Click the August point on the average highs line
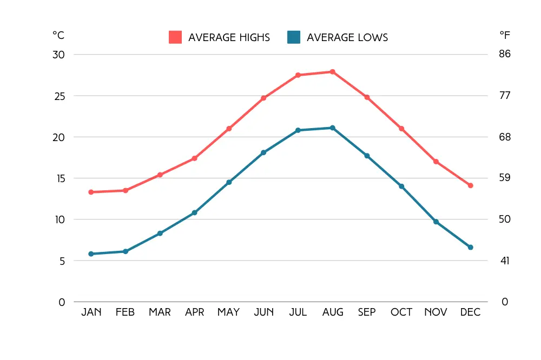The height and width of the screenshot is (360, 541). coord(332,72)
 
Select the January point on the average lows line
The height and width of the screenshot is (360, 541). coord(91,254)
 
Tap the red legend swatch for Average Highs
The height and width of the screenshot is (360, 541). coord(175,37)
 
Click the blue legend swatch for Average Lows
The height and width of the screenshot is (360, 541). coord(294,37)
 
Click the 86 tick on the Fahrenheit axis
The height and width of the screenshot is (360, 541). coord(505,55)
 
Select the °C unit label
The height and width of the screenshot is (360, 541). coord(58,35)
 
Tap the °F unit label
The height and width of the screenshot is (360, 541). coord(505,35)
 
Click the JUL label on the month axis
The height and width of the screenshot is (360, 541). coord(298,312)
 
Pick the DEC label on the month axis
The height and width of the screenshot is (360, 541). coord(470,312)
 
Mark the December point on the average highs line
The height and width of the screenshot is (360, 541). coord(470,185)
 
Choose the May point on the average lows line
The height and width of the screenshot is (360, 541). coord(229,182)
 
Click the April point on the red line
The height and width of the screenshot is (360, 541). coord(194,158)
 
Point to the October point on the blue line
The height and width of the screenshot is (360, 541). coord(401,186)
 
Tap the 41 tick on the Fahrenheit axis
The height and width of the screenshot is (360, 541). coord(505,261)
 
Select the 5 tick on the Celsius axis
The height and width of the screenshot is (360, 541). coord(61,261)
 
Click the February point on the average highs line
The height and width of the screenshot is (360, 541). coord(126,190)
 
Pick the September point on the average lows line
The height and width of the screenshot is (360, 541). coord(367,156)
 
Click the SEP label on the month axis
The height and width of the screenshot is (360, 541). coord(367,312)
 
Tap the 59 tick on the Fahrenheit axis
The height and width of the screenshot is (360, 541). coord(505,178)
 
